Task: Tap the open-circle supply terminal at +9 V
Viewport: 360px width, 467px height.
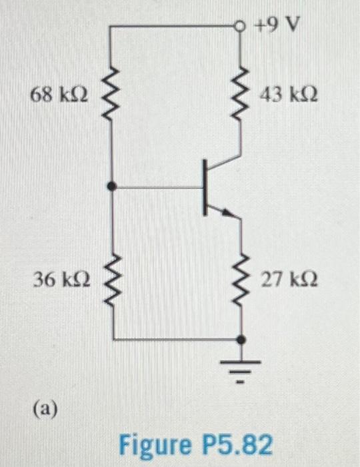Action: point(241,27)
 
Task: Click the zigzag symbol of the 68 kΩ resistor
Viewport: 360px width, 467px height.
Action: point(112,93)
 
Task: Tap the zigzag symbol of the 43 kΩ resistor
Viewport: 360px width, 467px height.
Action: point(241,93)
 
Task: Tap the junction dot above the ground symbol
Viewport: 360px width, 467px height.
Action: point(241,340)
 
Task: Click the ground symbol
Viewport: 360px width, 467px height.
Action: point(241,369)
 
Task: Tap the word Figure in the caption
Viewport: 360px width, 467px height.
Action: point(152,444)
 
